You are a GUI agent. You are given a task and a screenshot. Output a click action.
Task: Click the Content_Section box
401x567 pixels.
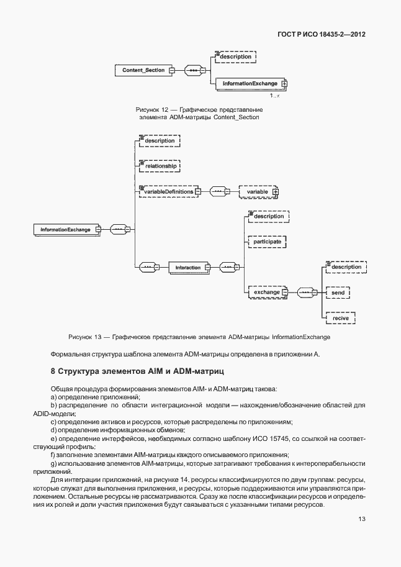tap(143, 70)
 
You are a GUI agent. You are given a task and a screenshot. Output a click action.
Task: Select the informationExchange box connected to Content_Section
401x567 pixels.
tap(247, 83)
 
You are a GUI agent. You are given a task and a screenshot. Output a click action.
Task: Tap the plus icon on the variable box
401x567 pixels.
tap(276, 193)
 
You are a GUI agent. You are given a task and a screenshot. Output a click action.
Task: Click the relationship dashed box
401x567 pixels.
tap(160, 166)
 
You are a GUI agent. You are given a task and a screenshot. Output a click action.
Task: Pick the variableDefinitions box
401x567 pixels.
tap(166, 192)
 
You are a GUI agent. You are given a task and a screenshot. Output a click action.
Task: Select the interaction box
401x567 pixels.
tap(188, 268)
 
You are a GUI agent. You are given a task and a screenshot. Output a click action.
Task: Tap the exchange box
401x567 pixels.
tap(265, 291)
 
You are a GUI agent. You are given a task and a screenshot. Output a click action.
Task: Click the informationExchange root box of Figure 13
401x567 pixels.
tap(65, 230)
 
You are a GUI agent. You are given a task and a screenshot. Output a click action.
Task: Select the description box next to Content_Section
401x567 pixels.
tap(235, 57)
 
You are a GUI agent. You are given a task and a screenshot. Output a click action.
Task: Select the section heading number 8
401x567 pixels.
tap(53, 371)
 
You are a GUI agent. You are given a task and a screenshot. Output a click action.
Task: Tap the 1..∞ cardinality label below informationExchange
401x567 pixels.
tap(274, 96)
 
